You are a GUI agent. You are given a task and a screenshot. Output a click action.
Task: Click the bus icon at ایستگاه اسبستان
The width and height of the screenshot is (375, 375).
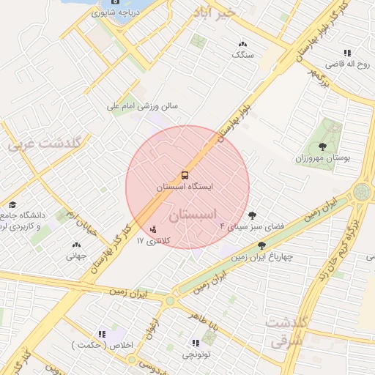pos(184,175)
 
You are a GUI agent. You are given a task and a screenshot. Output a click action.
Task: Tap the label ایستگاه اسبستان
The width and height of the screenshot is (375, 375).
pos(185,187)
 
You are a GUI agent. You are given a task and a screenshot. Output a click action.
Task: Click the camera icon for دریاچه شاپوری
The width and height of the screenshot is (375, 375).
pos(114,10)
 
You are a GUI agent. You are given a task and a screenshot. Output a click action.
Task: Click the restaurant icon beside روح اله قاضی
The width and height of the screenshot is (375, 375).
pos(347,53)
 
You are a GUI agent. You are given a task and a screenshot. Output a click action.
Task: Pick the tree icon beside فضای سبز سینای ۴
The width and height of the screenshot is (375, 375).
pos(253,215)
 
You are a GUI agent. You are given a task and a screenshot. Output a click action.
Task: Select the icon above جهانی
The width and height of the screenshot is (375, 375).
pos(76,245)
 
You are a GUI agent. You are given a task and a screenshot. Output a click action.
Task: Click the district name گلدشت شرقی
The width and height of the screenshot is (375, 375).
pos(281,332)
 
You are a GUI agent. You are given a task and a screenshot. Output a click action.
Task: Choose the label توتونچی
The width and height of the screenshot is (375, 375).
pos(196,354)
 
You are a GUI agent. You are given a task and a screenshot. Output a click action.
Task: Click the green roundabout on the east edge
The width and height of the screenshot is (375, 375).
pos(362,192)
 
